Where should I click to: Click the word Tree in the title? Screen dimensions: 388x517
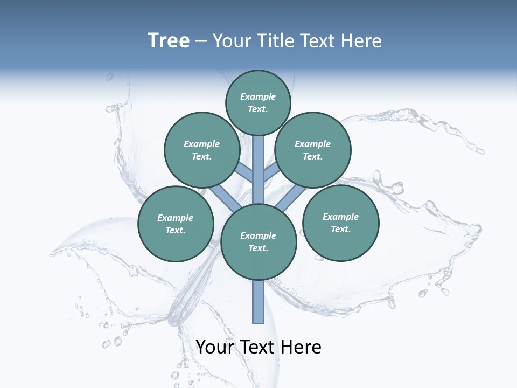coord(169,41)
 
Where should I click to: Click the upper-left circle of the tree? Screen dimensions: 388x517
coord(202,150)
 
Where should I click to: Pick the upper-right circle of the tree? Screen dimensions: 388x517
coord(313,150)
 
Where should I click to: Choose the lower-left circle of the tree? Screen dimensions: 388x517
coord(176,224)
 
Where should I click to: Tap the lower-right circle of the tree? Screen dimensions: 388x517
coord(341,223)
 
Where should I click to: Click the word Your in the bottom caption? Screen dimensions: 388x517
coord(214,347)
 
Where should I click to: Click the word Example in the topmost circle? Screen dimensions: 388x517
coord(258,96)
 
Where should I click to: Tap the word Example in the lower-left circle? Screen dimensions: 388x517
coord(175,218)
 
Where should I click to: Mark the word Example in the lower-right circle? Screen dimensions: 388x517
coord(340,217)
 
